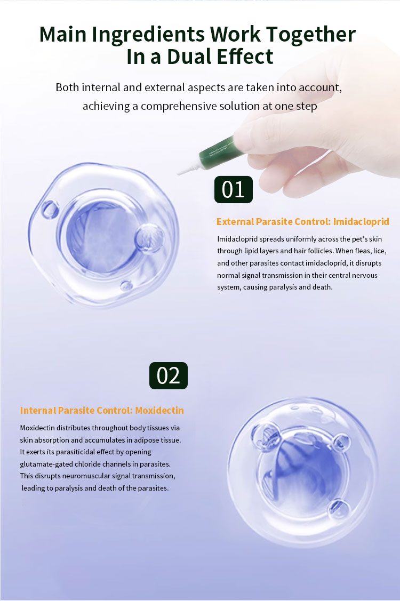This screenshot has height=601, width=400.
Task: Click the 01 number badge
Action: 233,189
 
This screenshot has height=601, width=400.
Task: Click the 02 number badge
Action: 169,375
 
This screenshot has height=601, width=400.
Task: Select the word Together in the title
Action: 310,35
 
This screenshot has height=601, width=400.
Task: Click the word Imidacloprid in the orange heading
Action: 361,221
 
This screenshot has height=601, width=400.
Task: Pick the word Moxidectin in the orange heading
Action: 159,410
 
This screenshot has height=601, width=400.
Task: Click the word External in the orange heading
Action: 235,221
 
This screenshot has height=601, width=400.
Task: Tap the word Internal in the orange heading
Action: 38,410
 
